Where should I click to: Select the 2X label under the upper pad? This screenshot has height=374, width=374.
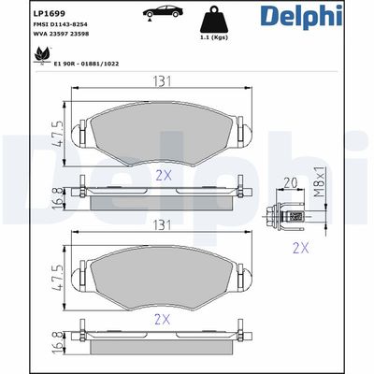(165, 174)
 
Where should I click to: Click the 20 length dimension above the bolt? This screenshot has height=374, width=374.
(289, 184)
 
